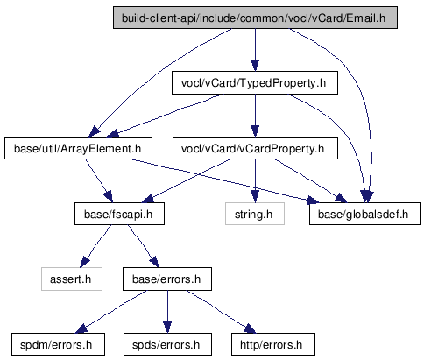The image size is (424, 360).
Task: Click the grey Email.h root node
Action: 255,18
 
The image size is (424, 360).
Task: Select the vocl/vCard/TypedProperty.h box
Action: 255,83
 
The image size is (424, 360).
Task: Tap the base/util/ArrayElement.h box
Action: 78,148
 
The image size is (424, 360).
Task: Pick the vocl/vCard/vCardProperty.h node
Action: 255,148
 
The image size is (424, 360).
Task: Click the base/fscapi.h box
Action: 119,214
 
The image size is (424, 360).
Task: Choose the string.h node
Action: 255,214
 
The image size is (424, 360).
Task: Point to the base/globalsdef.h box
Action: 365,214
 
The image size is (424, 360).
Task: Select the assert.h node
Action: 72,279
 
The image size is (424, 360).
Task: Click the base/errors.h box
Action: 167,279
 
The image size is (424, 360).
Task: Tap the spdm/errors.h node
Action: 58,344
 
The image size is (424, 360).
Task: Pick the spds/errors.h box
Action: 167,344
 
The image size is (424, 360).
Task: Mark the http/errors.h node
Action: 273,344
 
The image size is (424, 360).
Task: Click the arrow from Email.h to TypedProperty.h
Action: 255,50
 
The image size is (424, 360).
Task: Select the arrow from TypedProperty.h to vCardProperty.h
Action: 255,116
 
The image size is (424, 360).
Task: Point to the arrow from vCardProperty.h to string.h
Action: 255,181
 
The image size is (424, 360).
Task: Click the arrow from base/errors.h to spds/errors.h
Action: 167,312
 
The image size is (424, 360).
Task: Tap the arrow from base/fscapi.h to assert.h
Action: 95,245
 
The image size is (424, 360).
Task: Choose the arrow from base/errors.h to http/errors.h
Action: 221,311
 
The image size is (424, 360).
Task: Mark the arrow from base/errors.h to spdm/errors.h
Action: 111,311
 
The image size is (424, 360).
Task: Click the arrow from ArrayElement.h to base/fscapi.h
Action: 99,180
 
